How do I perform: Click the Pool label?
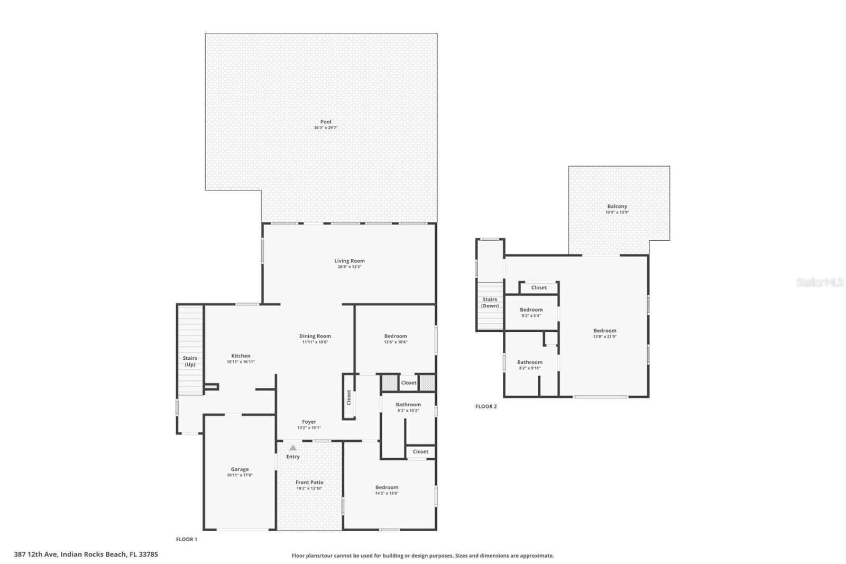tap(326, 122)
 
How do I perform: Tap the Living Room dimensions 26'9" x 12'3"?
tap(349, 267)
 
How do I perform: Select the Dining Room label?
tap(315, 336)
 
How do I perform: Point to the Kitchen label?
tap(241, 356)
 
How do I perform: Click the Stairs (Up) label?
tap(190, 361)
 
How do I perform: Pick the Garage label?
tap(240, 469)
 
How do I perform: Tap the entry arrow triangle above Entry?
tap(293, 448)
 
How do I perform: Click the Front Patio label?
tap(309, 483)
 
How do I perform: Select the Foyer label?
tap(309, 422)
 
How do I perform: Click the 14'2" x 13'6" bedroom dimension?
tap(387, 493)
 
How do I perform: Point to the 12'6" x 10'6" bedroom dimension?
tap(396, 342)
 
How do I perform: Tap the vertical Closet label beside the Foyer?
tap(349, 397)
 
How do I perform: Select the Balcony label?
tap(617, 206)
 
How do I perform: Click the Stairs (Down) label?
tap(490, 303)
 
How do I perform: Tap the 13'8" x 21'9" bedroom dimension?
tap(604, 336)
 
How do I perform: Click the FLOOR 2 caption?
tap(486, 406)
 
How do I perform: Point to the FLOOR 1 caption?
tap(186, 539)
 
